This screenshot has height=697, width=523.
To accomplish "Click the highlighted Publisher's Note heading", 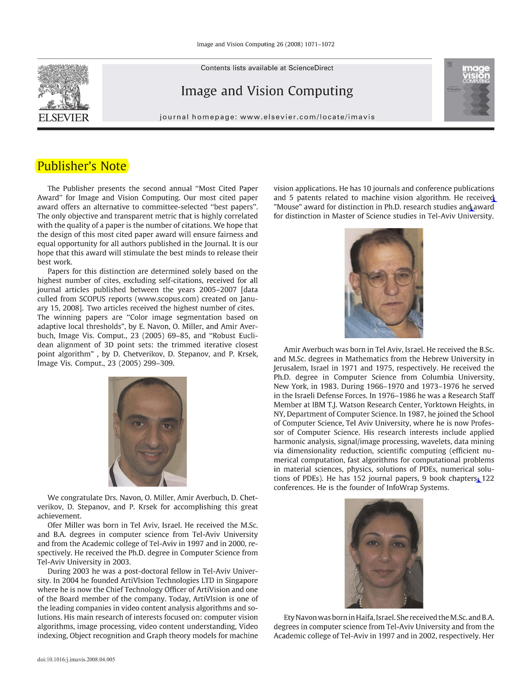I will [82, 166].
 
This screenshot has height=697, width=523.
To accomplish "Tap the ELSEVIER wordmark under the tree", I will [63, 117].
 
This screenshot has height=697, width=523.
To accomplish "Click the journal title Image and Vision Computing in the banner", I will [266, 91].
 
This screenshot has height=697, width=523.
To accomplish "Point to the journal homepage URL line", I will [267, 117].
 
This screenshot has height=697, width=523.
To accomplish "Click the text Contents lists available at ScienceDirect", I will [266, 68].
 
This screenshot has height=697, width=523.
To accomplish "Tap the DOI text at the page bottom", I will [76, 659].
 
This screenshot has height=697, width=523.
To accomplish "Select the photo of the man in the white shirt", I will [147, 431].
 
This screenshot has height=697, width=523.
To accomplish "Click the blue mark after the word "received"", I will [494, 200].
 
